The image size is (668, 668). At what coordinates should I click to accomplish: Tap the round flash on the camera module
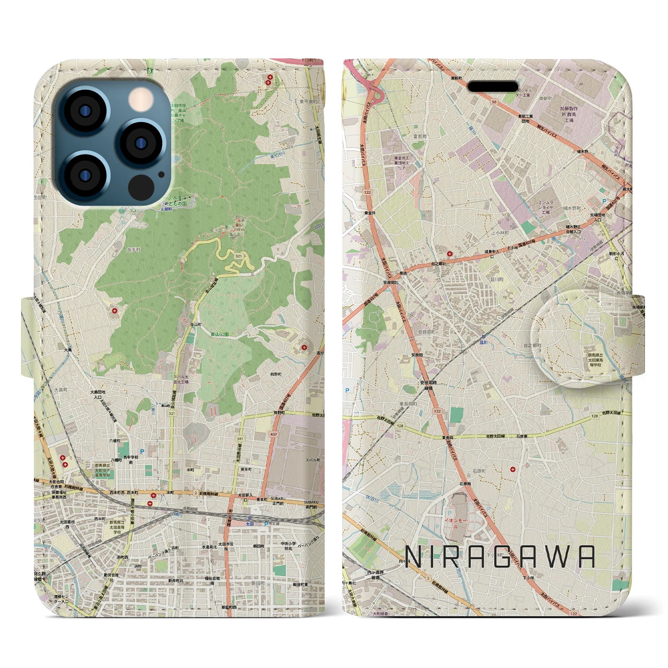(x=139, y=99)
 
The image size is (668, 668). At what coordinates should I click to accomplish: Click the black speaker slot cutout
(x=492, y=86)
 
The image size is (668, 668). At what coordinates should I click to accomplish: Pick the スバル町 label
(x=313, y=460)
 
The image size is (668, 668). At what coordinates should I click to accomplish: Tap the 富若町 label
(x=420, y=137)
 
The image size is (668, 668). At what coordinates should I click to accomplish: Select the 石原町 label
(x=479, y=471)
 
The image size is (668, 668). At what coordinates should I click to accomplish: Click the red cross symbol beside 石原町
(x=514, y=469)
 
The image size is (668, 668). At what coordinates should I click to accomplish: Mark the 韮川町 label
(x=496, y=279)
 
